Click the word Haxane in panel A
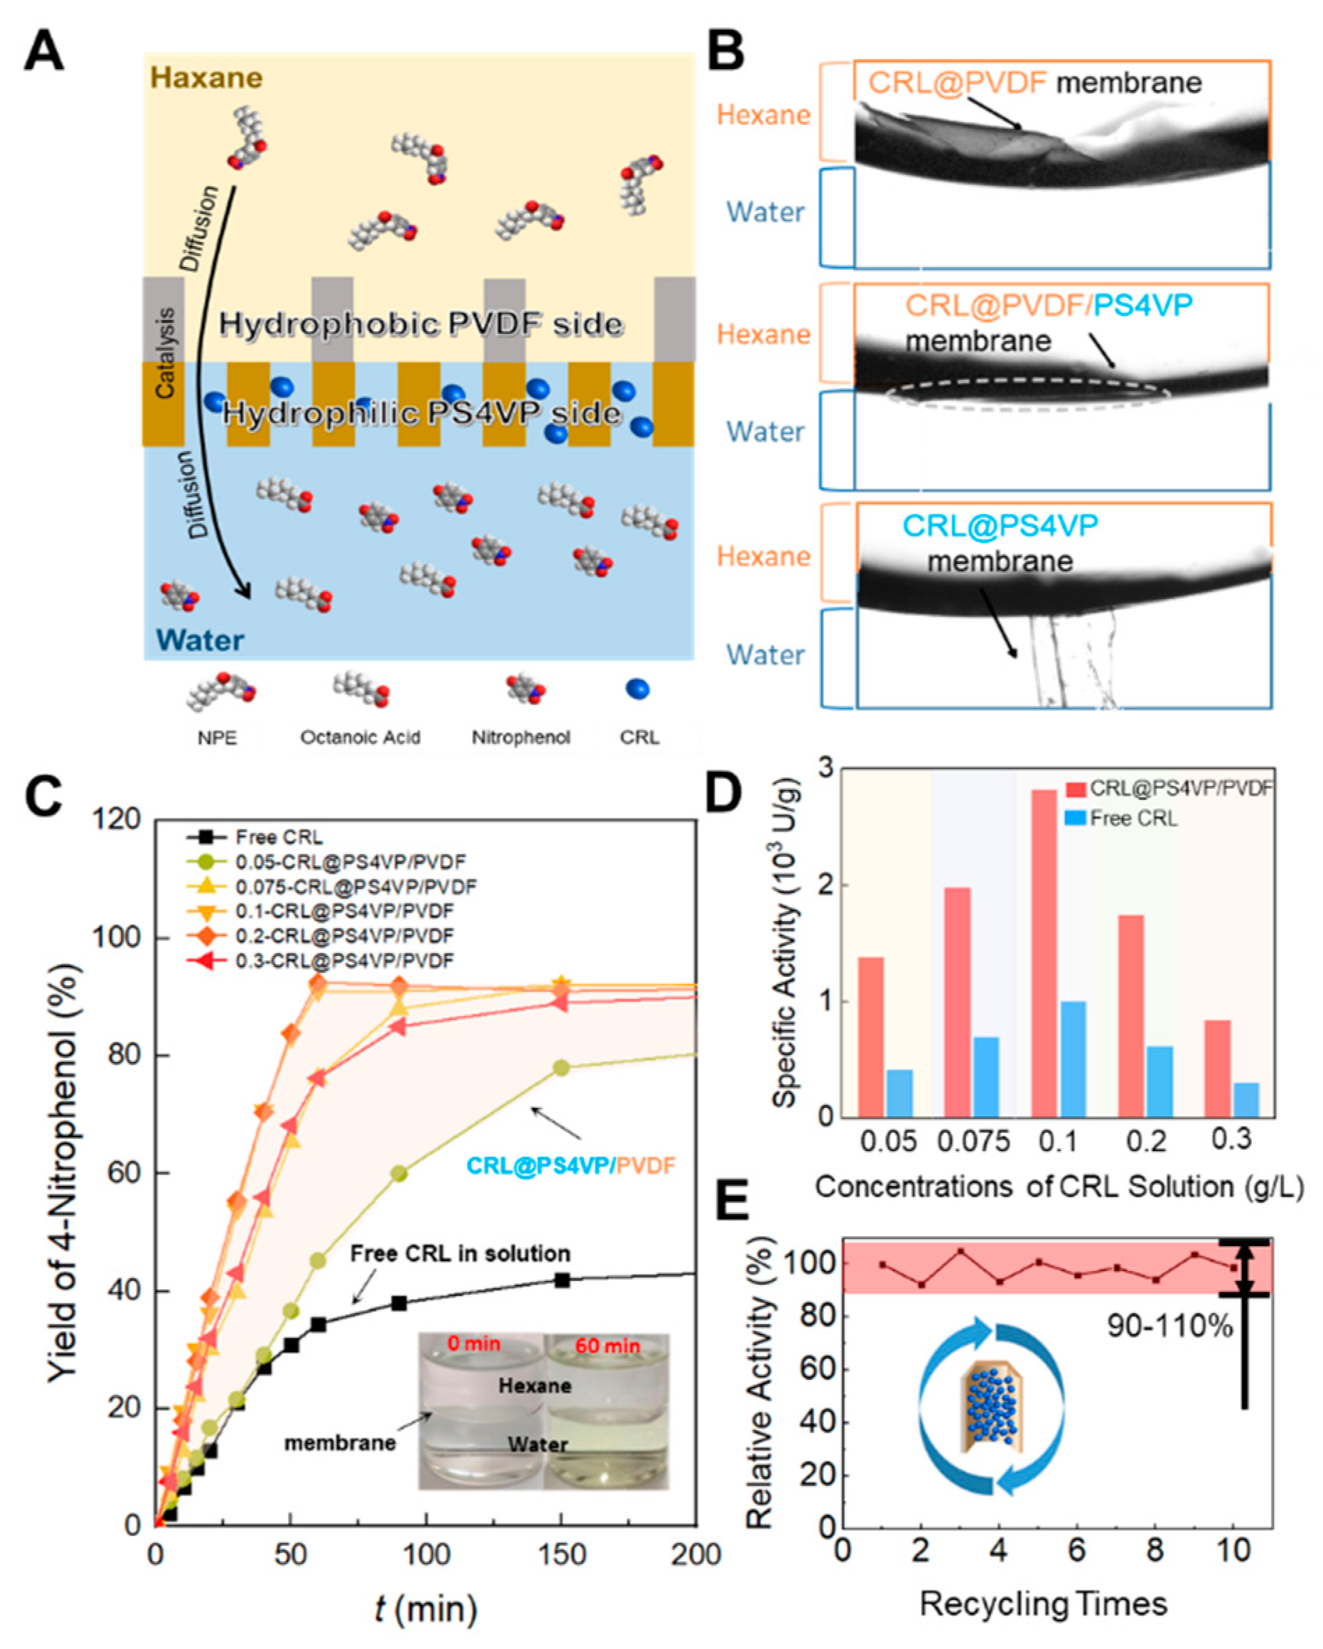(x=206, y=77)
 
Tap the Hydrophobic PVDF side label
(x=420, y=324)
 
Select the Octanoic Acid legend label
(x=360, y=737)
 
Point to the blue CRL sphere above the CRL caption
(x=637, y=689)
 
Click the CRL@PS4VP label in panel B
(x=1000, y=526)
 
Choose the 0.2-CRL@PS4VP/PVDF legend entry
(x=344, y=936)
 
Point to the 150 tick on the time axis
(x=563, y=1555)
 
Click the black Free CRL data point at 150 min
(x=562, y=1279)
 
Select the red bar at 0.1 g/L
(x=1044, y=953)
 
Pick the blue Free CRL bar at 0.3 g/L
(x=1246, y=1099)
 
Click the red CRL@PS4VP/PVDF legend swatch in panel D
(x=1076, y=789)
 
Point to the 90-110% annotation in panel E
(x=1170, y=1325)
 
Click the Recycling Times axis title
(x=1044, y=1604)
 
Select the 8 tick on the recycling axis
(x=1155, y=1551)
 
